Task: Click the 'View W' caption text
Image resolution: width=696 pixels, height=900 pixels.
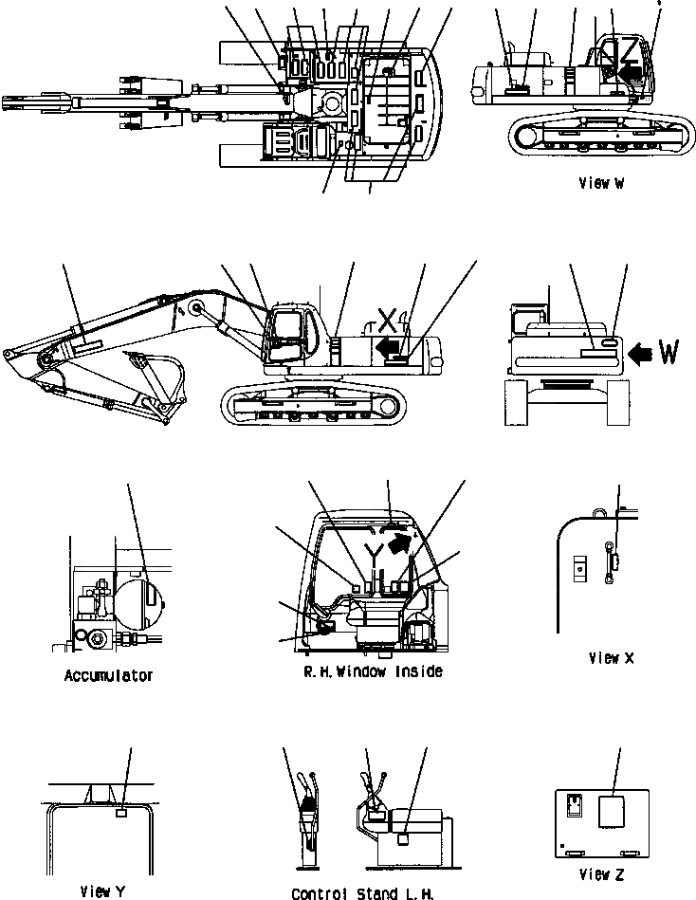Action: (599, 184)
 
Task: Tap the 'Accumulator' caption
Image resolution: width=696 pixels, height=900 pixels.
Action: (108, 676)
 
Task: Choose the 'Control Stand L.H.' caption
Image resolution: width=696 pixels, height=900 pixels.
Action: (362, 892)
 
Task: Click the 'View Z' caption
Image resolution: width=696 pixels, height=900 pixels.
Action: (604, 874)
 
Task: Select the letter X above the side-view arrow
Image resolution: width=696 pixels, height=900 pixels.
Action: (386, 319)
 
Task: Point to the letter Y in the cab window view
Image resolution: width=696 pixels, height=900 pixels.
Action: (376, 551)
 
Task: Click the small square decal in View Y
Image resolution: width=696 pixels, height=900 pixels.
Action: (120, 813)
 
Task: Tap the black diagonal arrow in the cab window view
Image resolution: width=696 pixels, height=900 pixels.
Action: (402, 542)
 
